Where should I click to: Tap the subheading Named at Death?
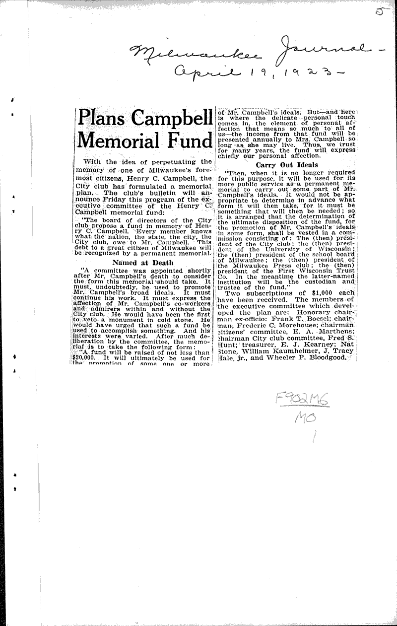pyautogui.click(x=143, y=263)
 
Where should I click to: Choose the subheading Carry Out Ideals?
pyautogui.click(x=287, y=164)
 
